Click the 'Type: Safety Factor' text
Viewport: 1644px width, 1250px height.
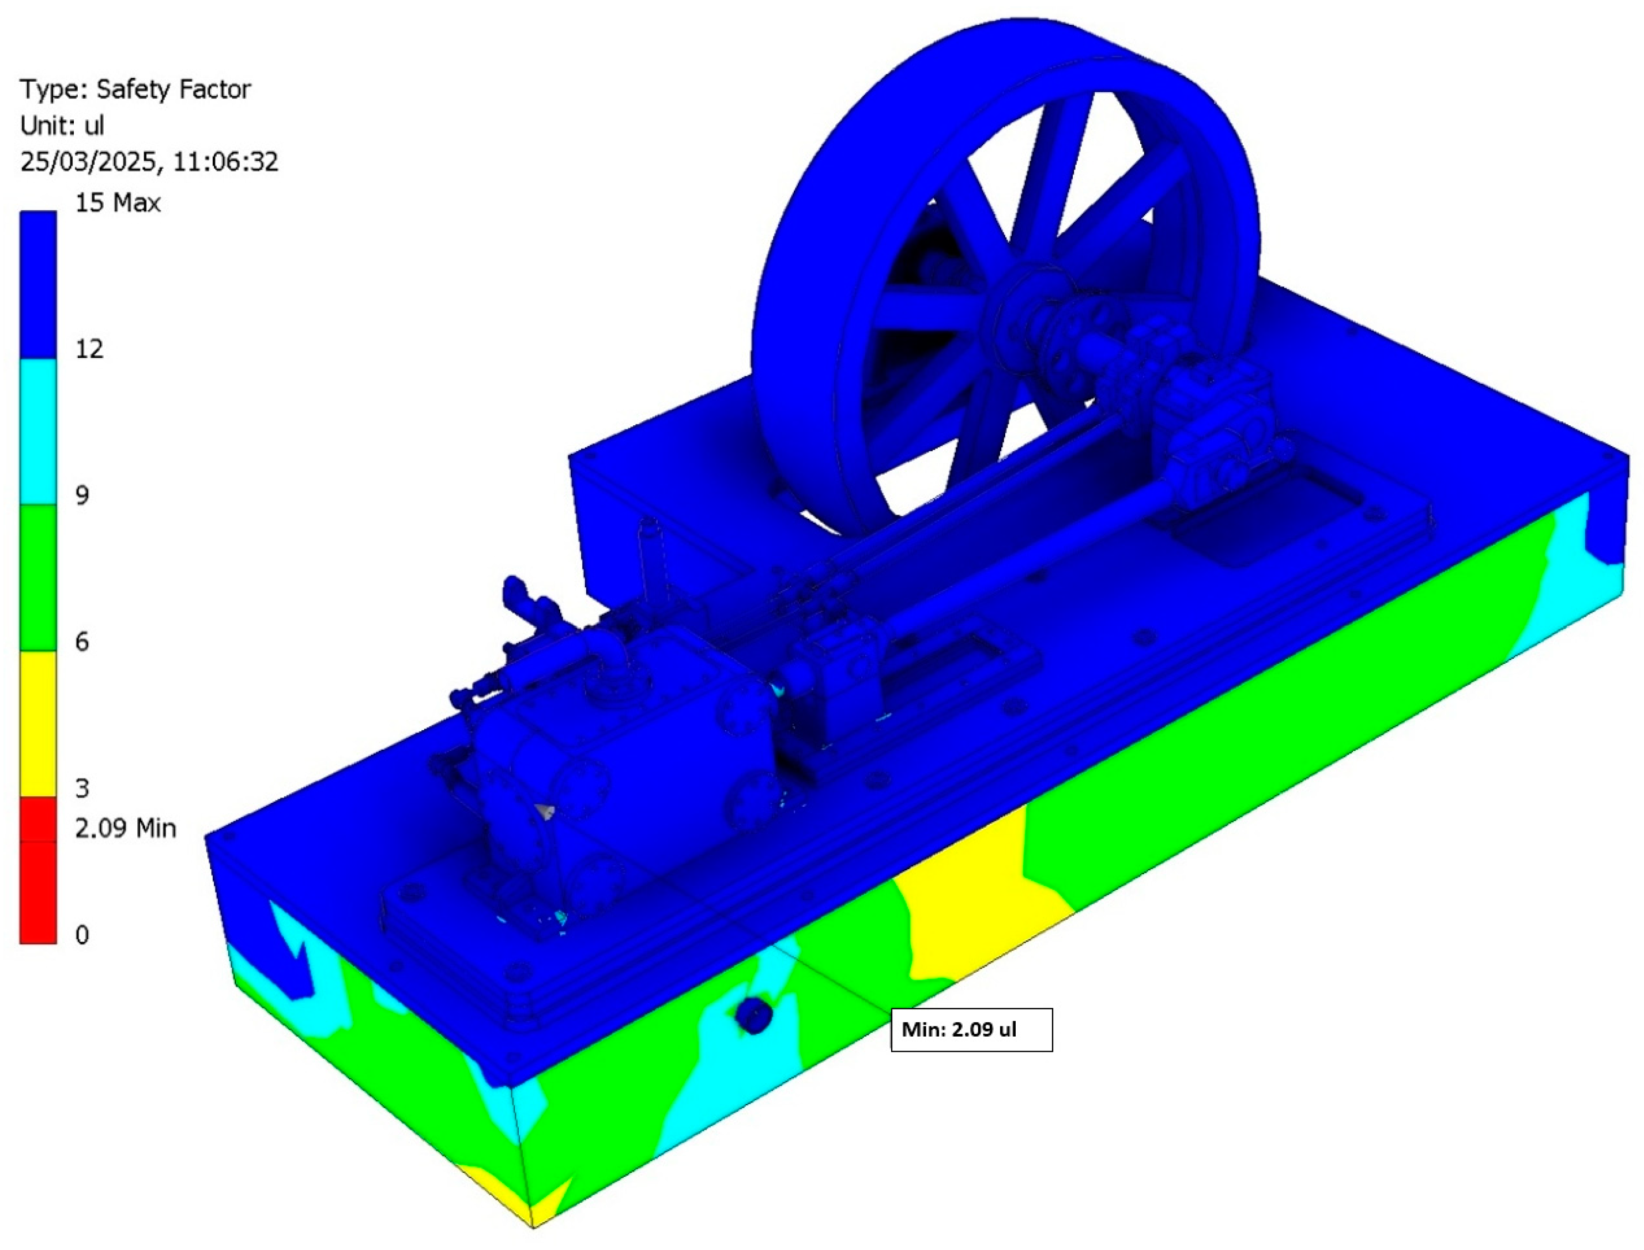click(x=135, y=89)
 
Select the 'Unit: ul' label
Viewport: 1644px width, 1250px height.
click(x=62, y=125)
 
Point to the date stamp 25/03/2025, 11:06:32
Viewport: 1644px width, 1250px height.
click(x=149, y=161)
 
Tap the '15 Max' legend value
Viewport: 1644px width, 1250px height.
click(x=118, y=202)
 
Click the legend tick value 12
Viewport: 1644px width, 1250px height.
click(x=89, y=349)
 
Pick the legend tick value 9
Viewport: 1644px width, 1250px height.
click(x=82, y=496)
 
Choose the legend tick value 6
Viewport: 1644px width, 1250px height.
click(x=82, y=641)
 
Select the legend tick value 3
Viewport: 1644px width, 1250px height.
click(x=82, y=788)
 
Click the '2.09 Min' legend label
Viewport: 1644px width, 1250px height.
click(x=125, y=828)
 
